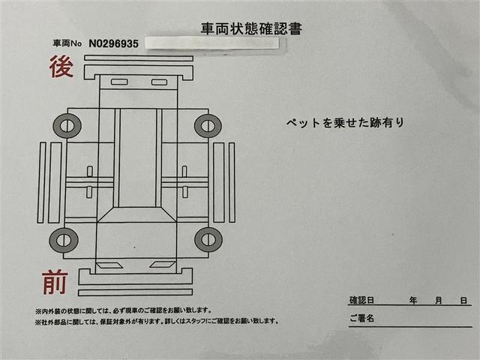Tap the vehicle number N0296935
(114, 43)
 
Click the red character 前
(55, 283)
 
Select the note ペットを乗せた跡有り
(345, 122)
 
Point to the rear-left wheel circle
(67, 125)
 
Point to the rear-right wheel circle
(208, 125)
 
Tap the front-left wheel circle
(64, 240)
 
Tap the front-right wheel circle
(208, 240)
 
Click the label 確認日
(363, 300)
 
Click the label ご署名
(361, 318)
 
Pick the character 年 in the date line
(413, 300)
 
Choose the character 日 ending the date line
(465, 300)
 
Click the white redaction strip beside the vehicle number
(211, 43)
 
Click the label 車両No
(68, 44)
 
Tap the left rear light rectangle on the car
(119, 82)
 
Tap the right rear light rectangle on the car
(159, 82)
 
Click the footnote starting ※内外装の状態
(123, 310)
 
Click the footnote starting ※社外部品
(156, 322)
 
